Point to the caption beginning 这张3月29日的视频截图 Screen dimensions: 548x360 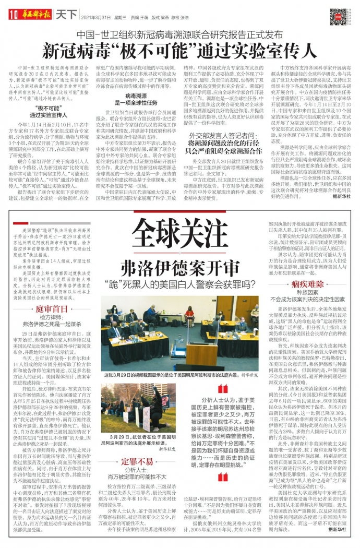click(180, 375)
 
